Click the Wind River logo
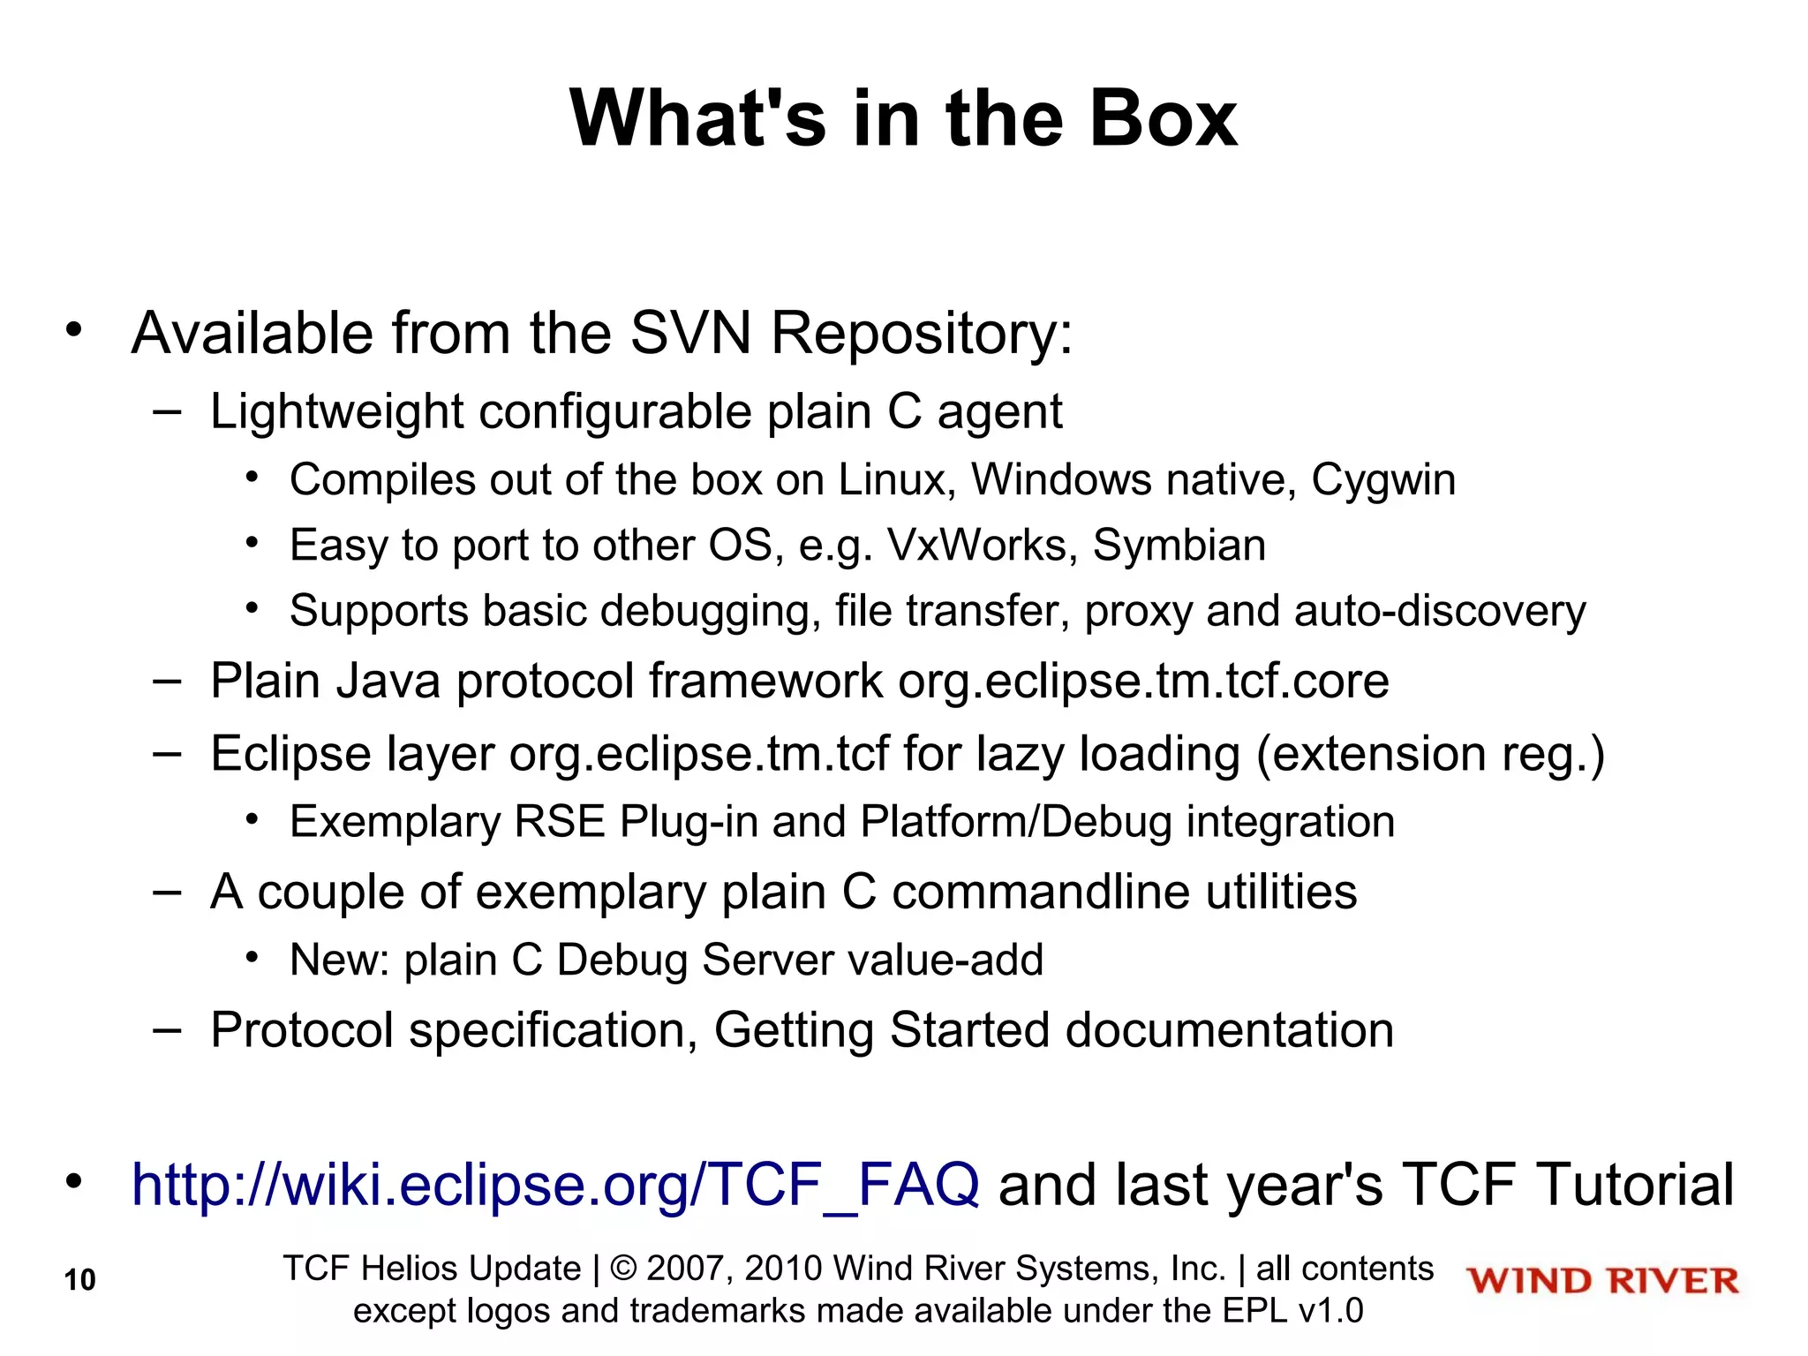pyautogui.click(x=1602, y=1281)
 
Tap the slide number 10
pyautogui.click(x=79, y=1280)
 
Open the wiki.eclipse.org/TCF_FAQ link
pyautogui.click(x=555, y=1184)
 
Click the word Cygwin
pyautogui.click(x=1382, y=480)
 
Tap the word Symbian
pyautogui.click(x=1179, y=546)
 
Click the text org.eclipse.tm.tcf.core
pyautogui.click(x=1143, y=682)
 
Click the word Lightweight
pyautogui.click(x=336, y=412)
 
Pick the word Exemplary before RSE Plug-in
pyautogui.click(x=395, y=822)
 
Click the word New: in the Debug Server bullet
pyautogui.click(x=339, y=960)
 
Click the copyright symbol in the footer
pyautogui.click(x=623, y=1269)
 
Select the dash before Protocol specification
pyautogui.click(x=166, y=1029)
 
